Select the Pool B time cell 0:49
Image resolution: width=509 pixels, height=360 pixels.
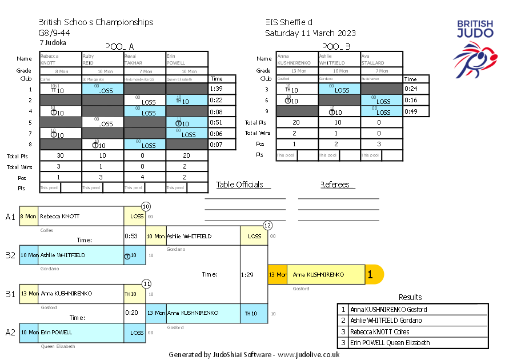(411, 111)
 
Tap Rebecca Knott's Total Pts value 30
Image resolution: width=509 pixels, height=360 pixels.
(60, 155)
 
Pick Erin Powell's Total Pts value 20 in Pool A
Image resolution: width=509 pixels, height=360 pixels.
(187, 155)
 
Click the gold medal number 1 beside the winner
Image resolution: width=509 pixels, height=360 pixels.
(370, 275)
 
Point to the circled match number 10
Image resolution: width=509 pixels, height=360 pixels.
(146, 206)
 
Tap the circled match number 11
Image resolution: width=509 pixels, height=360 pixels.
(146, 283)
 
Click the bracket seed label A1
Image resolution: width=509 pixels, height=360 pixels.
(10, 217)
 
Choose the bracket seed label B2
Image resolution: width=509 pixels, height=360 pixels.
(10, 255)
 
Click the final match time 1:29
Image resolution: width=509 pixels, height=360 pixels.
(247, 275)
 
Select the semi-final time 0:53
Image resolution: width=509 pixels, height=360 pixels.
(131, 236)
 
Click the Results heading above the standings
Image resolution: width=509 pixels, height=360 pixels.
(410, 297)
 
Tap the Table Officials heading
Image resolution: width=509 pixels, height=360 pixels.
(239, 185)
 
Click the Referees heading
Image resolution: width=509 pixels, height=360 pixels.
(337, 185)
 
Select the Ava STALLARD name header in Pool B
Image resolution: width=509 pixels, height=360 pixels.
(381, 59)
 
